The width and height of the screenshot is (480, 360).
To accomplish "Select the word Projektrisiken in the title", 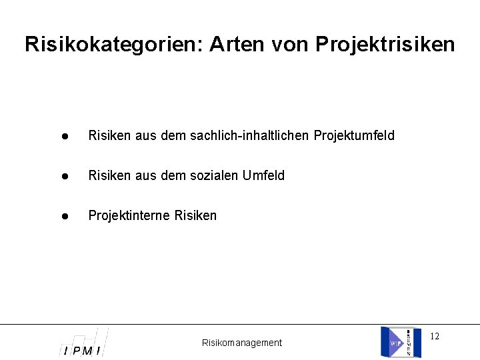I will point(385,45).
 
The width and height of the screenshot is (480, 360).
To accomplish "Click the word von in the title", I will point(290,45).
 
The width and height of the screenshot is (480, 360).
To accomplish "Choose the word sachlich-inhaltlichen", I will point(250,136).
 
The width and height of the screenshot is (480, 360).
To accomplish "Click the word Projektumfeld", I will point(354,136).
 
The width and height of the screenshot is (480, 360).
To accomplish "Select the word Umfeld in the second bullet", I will point(263,176).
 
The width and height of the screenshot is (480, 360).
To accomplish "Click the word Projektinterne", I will point(129,216).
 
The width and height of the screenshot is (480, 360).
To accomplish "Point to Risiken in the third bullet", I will point(195,216).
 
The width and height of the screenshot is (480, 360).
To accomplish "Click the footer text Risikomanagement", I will point(242,343).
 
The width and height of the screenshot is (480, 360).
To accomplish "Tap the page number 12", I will point(435,336).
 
